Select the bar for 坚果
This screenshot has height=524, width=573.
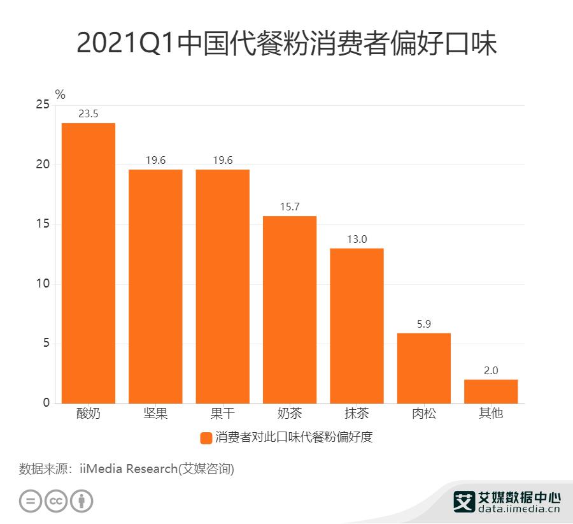click(155, 286)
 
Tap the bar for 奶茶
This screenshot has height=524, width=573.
click(290, 309)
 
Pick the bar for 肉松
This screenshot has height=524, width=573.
click(424, 368)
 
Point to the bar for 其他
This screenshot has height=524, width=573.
click(491, 391)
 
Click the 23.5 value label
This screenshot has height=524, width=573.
click(88, 114)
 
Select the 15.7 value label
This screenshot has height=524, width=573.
click(290, 208)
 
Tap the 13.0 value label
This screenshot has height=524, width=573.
click(357, 240)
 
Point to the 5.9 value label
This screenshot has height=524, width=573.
click(424, 324)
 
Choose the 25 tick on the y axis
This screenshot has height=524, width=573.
click(42, 105)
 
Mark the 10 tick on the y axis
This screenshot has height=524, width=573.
click(42, 284)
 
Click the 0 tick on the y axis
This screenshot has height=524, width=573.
click(46, 403)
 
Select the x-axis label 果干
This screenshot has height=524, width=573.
click(222, 414)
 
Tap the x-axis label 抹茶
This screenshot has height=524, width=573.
click(357, 414)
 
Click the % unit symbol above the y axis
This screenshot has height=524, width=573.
click(60, 94)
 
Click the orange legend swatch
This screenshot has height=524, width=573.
click(206, 438)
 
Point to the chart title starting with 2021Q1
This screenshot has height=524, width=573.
click(286, 43)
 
